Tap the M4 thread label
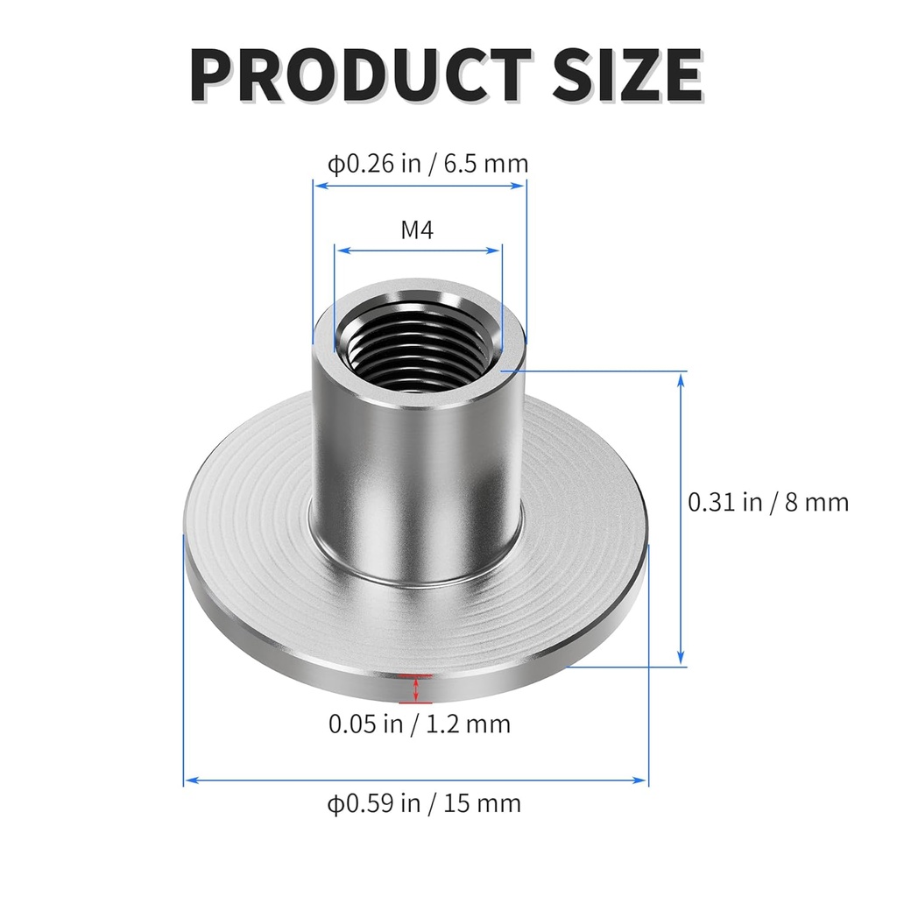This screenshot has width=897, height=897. click(x=418, y=230)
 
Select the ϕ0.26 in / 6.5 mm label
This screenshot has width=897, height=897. click(x=427, y=164)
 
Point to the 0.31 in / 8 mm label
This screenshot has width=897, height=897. click(x=767, y=502)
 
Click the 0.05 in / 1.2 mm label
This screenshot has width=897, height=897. click(x=419, y=724)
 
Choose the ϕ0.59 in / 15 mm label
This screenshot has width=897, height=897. click(x=424, y=802)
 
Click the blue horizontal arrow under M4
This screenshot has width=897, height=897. click(x=418, y=251)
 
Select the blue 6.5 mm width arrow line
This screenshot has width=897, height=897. click(x=420, y=186)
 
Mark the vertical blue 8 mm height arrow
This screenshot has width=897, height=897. click(x=682, y=517)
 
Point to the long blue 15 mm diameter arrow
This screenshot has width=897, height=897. click(x=415, y=778)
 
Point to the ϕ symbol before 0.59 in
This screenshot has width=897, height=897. click(x=335, y=803)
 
